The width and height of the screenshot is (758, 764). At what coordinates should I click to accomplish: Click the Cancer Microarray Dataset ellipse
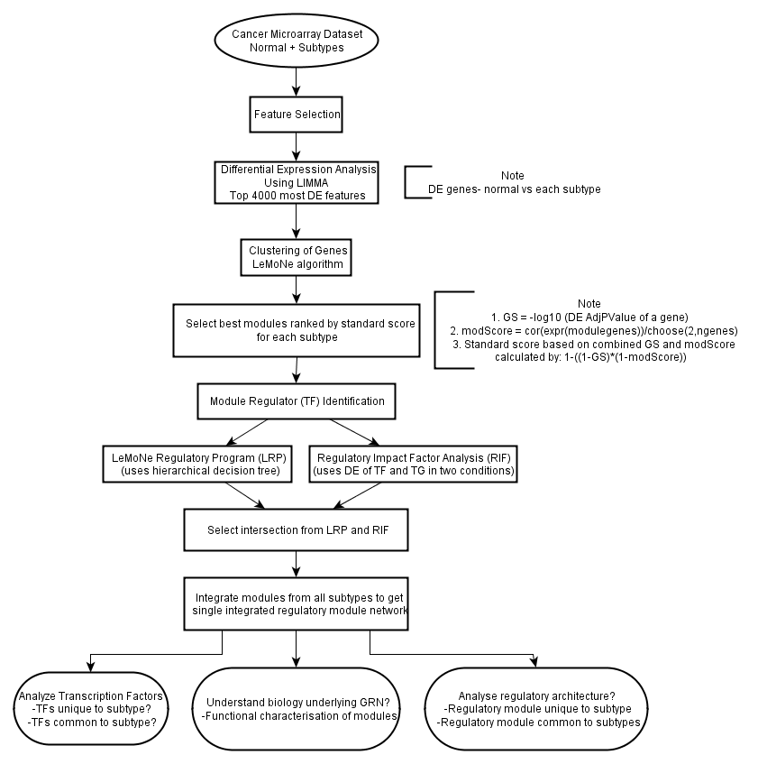[296, 41]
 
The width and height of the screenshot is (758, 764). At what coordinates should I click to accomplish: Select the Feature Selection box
[296, 115]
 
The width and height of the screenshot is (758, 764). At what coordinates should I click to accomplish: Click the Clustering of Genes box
[296, 257]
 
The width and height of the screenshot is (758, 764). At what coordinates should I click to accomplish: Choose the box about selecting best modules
[296, 330]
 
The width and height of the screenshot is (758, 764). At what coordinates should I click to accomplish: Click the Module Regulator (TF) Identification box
[296, 401]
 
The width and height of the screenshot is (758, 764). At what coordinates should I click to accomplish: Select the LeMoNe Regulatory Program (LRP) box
[197, 464]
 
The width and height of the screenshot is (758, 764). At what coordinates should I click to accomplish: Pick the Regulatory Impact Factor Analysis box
[413, 464]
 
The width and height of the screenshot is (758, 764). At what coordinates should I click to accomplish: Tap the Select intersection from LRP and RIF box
[296, 530]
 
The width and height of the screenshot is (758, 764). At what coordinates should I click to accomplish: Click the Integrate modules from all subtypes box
[296, 603]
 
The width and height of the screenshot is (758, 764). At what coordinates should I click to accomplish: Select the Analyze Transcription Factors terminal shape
[91, 708]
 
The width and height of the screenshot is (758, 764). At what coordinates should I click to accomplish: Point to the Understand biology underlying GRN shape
[296, 708]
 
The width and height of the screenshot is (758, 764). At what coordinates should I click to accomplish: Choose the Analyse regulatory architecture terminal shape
[536, 708]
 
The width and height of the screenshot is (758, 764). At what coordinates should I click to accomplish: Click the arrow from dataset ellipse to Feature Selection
[296, 82]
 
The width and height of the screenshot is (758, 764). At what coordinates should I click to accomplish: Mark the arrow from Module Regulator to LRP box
[247, 432]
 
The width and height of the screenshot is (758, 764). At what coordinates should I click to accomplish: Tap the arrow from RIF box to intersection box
[357, 496]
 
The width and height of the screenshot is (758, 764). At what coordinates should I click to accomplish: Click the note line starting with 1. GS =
[589, 318]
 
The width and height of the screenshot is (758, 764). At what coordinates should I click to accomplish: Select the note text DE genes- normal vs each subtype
[514, 189]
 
